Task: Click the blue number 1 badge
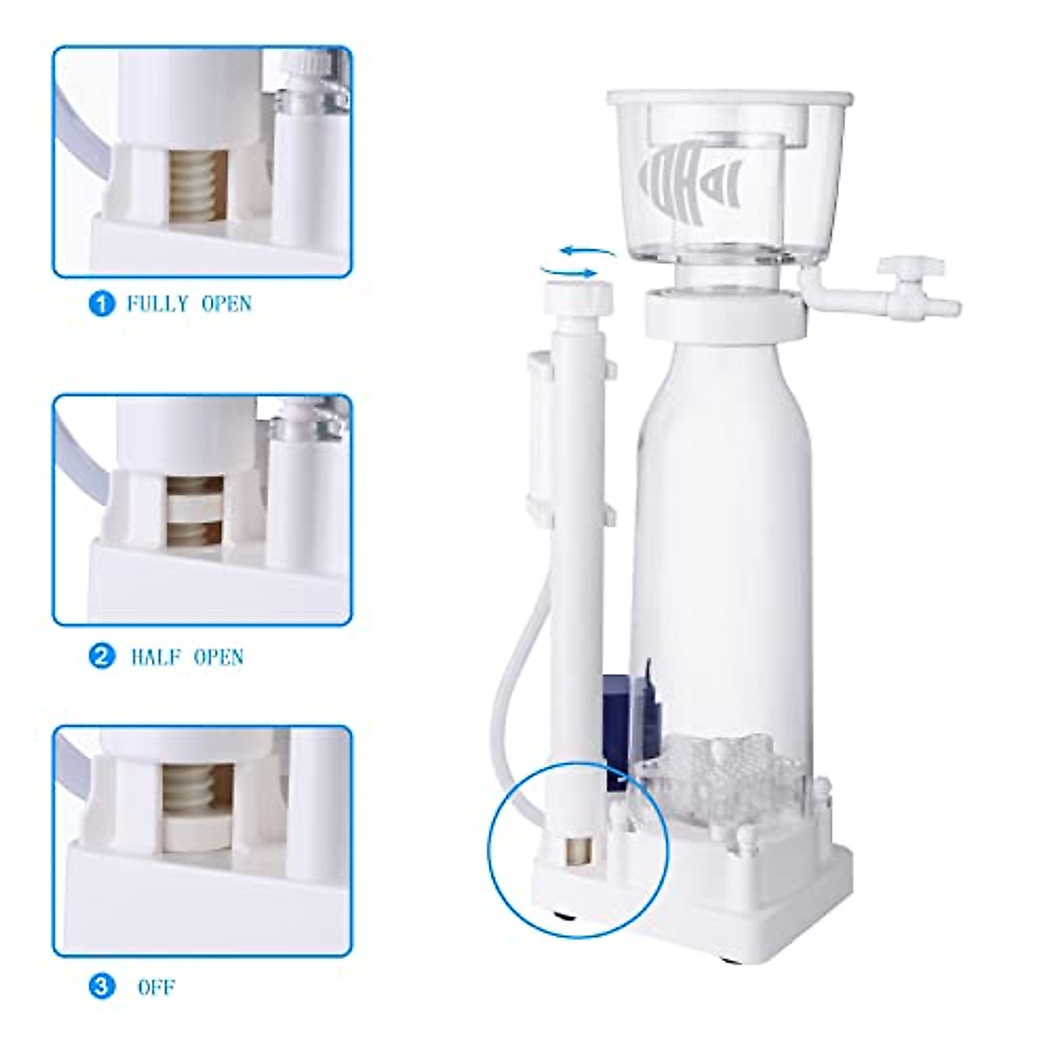click(x=103, y=304)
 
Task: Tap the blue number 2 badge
click(x=103, y=655)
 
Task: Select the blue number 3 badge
click(x=103, y=986)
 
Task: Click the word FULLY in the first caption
click(x=158, y=304)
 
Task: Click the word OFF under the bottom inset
click(x=156, y=987)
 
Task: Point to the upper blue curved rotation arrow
click(x=587, y=252)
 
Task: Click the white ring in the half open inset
click(x=195, y=507)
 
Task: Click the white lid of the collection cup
click(x=728, y=97)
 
